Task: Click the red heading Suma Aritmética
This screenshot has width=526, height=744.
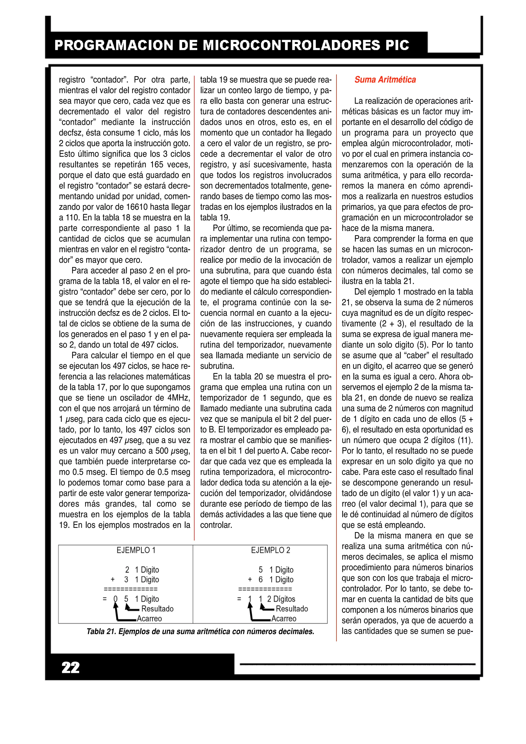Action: (385, 80)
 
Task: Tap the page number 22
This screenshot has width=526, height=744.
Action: (70, 667)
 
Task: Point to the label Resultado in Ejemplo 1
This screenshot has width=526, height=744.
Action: (157, 609)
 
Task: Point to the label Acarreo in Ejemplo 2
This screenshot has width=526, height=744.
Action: (284, 619)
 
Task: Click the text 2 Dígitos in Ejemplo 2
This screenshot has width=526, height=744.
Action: (281, 599)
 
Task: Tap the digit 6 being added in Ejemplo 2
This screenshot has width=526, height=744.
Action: (261, 580)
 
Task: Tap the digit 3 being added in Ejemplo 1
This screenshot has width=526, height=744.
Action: (126, 580)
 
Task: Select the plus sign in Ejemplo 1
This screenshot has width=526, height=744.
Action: (113, 580)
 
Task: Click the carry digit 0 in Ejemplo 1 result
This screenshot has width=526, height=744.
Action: (115, 599)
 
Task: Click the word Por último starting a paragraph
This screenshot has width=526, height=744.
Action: (230, 228)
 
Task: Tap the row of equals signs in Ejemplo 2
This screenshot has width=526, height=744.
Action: (265, 589)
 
